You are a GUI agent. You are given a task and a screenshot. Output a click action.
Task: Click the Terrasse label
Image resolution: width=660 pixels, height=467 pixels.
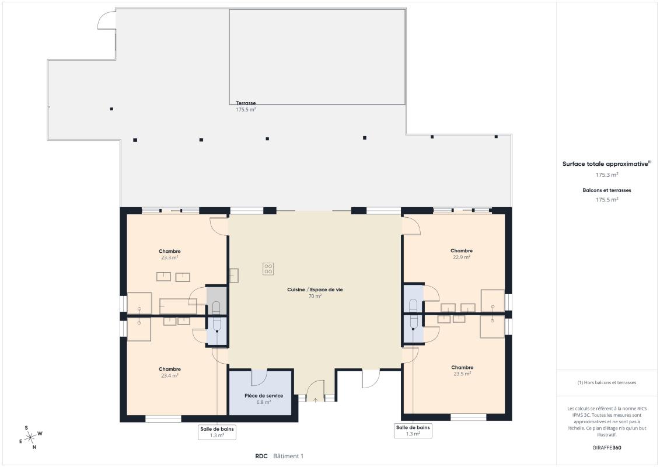(246, 103)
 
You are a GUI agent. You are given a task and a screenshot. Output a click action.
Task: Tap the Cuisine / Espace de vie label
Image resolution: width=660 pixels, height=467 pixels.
(315, 290)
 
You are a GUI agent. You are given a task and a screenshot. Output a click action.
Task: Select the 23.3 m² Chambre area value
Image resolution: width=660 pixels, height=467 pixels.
(170, 257)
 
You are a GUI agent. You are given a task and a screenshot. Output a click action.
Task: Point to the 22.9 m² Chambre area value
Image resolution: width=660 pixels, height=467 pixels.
(462, 257)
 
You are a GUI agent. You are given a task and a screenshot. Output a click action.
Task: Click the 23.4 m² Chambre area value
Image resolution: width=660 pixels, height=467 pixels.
(170, 375)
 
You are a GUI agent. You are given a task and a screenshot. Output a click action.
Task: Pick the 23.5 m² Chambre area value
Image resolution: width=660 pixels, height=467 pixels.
(462, 374)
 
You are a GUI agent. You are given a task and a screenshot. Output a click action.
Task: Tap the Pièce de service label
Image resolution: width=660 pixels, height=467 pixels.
(264, 396)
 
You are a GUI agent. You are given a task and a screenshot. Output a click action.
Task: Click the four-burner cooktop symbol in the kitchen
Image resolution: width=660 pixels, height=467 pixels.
(268, 269)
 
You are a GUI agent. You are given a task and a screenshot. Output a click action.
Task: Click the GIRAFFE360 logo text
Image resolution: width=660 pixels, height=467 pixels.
(606, 448)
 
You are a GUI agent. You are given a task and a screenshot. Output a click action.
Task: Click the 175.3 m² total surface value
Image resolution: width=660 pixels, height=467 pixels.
(606, 175)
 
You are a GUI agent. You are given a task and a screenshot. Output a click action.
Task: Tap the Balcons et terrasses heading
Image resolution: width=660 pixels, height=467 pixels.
(606, 190)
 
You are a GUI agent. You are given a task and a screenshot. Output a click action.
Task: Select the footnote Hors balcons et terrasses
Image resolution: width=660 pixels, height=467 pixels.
(606, 383)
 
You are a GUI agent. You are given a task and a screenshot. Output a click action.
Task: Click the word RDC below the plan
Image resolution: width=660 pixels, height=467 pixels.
(261, 456)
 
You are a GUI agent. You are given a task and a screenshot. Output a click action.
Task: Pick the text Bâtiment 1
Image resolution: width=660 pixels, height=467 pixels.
(288, 456)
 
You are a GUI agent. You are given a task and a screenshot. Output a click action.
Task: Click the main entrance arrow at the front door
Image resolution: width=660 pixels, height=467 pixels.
(315, 400)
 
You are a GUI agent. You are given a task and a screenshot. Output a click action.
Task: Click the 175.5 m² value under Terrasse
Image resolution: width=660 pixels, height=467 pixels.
(246, 110)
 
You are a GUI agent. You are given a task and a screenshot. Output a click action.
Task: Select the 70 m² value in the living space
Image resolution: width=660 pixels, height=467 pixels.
(315, 297)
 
